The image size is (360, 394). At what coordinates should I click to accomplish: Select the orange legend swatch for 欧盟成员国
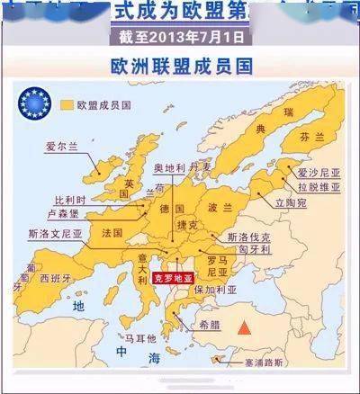[67, 105]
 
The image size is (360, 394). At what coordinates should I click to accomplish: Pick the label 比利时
[70, 199]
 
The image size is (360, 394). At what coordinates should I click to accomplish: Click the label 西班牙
[57, 279]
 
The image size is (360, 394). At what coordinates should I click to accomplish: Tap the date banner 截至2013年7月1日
[181, 37]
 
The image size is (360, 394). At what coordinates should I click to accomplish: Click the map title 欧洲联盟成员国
[179, 66]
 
